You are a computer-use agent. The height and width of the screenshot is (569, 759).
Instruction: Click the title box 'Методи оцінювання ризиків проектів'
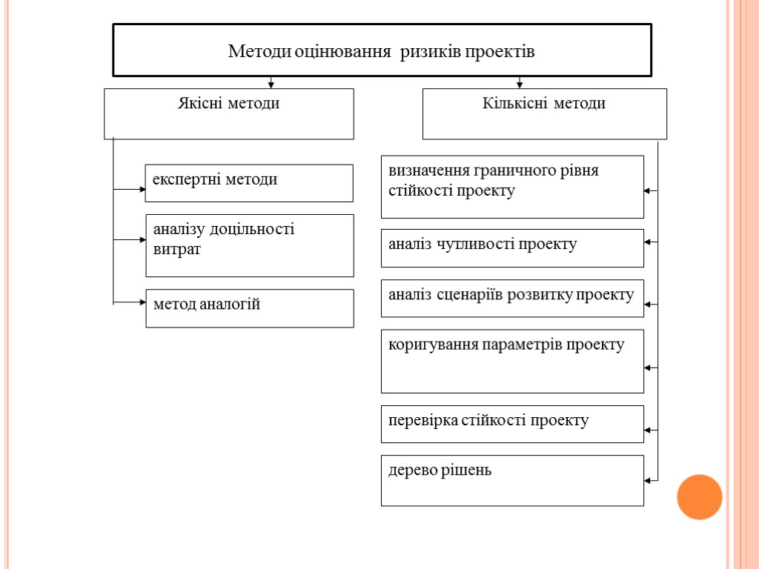[x=382, y=50]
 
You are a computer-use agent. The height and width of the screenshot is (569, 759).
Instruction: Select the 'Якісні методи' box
[x=228, y=113]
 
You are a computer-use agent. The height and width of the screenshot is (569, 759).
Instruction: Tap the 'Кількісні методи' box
[x=544, y=113]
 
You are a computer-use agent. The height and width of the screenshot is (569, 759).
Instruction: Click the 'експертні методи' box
[x=248, y=183]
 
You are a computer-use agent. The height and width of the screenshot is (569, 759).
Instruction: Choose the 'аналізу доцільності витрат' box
[x=249, y=245]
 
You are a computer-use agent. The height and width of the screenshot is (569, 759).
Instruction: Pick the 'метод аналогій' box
[x=249, y=308]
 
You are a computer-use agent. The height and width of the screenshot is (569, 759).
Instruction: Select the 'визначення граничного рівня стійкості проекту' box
[x=511, y=187]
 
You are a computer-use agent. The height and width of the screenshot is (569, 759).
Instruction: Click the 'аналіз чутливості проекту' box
[x=511, y=247]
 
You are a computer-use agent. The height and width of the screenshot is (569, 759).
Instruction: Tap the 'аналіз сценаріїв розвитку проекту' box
[x=511, y=298]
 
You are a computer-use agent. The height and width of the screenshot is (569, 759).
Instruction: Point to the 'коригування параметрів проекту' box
[x=511, y=361]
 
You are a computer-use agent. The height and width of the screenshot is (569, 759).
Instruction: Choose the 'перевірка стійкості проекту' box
[x=511, y=424]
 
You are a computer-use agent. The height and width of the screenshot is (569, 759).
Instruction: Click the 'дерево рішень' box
[x=511, y=480]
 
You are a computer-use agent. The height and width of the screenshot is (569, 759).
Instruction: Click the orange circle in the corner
[x=699, y=496]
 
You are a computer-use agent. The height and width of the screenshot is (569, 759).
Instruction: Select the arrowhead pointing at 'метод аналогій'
[x=142, y=302]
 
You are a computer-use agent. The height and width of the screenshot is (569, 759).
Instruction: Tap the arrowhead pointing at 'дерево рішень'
[x=647, y=480]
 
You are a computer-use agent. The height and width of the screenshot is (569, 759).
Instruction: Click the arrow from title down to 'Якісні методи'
[x=271, y=82]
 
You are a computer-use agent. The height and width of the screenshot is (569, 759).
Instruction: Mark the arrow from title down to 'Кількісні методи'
[x=520, y=82]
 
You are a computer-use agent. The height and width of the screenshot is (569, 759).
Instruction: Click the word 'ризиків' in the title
[x=425, y=52]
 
